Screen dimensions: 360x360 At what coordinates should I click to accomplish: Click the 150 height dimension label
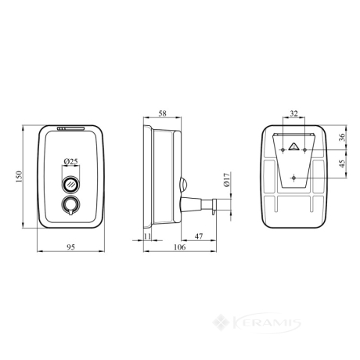tap(19, 177)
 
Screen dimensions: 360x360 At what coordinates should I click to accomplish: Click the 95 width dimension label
tap(70, 247)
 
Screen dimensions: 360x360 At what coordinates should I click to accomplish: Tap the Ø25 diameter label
tap(70, 161)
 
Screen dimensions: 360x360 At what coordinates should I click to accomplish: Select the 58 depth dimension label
tap(162, 113)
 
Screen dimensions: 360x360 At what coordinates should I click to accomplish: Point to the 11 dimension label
tap(147, 236)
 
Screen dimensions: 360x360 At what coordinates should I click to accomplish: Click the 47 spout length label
tap(199, 236)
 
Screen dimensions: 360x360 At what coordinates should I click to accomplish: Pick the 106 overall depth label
tap(180, 247)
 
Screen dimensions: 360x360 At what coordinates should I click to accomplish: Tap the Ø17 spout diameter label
tap(226, 180)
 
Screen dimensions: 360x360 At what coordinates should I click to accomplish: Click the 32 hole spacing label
tap(293, 113)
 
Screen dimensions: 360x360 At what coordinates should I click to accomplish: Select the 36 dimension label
tap(342, 137)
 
